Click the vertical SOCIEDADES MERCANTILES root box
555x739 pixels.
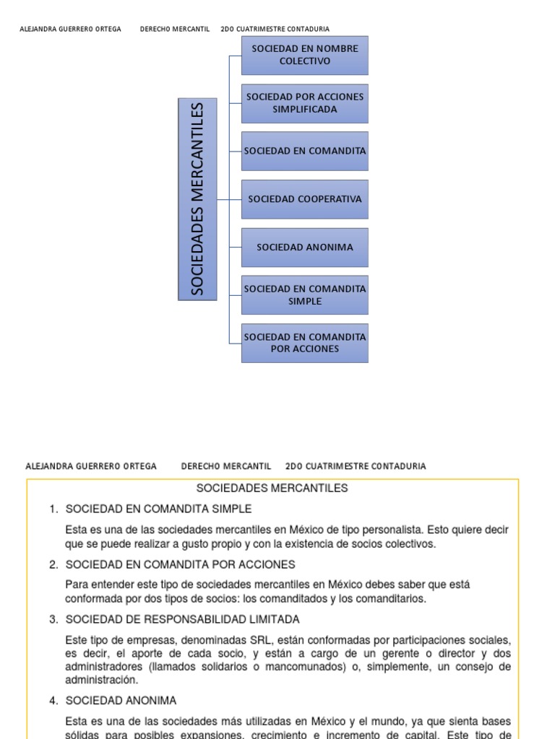tap(197, 199)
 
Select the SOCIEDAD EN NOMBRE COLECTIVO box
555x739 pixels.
tap(305, 55)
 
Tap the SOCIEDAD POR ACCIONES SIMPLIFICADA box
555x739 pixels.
tap(305, 102)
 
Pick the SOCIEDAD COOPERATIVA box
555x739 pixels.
tap(305, 198)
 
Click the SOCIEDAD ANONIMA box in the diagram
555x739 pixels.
tap(305, 247)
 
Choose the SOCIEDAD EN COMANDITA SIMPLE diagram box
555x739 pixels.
tap(305, 294)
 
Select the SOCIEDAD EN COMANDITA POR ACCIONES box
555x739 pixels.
tap(305, 343)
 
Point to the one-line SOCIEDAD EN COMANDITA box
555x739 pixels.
tap(305, 151)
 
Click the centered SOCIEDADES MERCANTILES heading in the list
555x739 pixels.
tap(272, 489)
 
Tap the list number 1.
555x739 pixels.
tap(53, 510)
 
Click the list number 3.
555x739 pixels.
tap(53, 619)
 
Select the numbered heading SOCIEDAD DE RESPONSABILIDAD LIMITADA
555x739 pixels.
tap(182, 619)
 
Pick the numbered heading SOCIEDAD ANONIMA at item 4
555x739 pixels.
tap(121, 701)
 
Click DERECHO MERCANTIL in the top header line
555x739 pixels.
tap(174, 29)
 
